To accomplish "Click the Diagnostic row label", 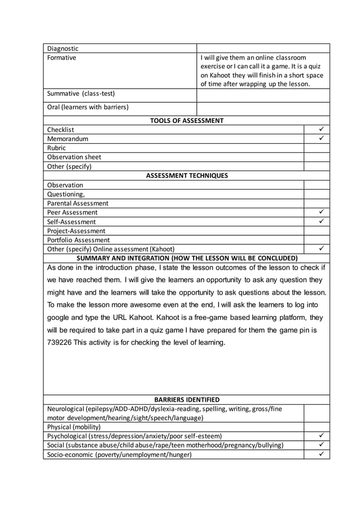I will click(x=63, y=49).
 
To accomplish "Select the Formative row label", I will click(x=62, y=58).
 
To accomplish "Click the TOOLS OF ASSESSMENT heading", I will click(x=186, y=120).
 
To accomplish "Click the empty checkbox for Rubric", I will click(x=317, y=148).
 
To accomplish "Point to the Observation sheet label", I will click(x=74, y=157).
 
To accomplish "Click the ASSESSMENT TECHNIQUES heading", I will click(x=186, y=175).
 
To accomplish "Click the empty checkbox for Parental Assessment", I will click(x=317, y=203).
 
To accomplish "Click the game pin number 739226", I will click(x=61, y=343).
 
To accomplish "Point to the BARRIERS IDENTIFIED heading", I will click(x=186, y=400).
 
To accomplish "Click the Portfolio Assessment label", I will click(x=78, y=240).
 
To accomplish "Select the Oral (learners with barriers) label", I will click(x=87, y=107).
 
